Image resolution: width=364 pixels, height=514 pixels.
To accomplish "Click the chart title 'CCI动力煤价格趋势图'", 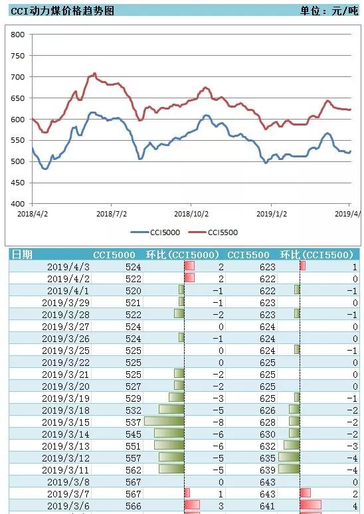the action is click(x=62, y=11).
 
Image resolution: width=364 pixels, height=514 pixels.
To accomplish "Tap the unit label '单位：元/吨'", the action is click(x=329, y=11).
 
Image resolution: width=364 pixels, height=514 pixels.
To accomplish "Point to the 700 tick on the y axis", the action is click(x=18, y=77).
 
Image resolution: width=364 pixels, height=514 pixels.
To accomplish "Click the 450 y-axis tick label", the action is click(x=18, y=183).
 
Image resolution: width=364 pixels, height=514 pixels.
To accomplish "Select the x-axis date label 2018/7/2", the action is click(x=112, y=214).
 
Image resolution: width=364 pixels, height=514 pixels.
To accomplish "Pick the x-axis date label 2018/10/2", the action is click(x=191, y=214).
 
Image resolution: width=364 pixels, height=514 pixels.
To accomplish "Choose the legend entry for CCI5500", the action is click(x=213, y=232).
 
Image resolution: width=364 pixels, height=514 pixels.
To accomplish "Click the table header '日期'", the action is click(x=22, y=255).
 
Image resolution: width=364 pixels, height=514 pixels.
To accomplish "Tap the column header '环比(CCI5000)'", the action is click(x=182, y=255).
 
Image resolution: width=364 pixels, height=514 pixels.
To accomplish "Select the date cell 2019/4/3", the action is click(x=68, y=267).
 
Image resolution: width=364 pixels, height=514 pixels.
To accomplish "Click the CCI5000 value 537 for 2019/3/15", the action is click(x=133, y=422).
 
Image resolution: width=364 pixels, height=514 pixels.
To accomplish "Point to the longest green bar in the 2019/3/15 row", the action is click(x=164, y=421).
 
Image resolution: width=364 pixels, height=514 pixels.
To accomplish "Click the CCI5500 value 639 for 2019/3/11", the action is click(x=267, y=470).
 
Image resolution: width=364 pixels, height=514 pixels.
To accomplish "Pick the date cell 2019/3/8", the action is click(x=68, y=482).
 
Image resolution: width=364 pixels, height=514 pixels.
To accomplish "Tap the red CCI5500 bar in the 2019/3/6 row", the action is click(x=311, y=505).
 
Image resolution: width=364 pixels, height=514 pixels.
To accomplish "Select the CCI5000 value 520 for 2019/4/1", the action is click(x=133, y=291).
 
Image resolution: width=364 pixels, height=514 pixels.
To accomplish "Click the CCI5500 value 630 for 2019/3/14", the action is click(x=267, y=434).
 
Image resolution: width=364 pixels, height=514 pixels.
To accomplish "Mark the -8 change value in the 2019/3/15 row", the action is click(x=219, y=422).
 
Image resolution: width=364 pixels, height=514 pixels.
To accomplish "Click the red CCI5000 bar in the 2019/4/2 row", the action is click(x=189, y=278).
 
